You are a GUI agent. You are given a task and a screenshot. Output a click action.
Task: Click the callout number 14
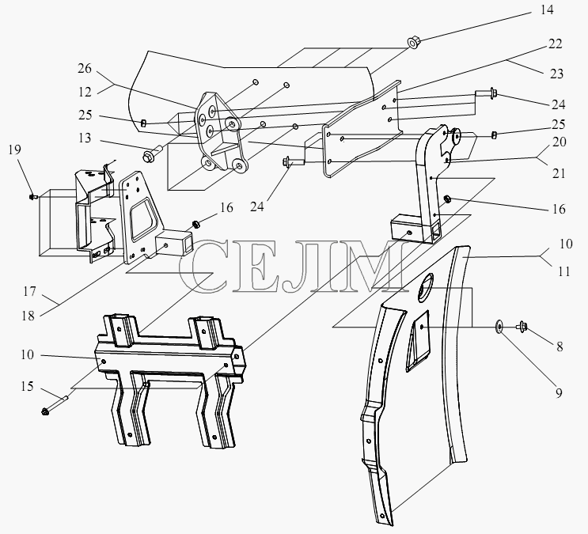[547, 9]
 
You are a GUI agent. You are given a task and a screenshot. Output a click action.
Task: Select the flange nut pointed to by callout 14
[413, 43]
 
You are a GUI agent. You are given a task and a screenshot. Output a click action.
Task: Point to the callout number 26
[85, 68]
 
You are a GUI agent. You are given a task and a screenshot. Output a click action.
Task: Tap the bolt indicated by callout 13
[151, 153]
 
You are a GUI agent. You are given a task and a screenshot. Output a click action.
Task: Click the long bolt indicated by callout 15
[55, 404]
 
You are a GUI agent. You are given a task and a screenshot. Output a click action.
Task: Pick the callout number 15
[27, 386]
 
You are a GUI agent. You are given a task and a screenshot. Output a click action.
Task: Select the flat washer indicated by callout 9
[499, 327]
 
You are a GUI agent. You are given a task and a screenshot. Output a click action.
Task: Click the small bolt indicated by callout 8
[522, 326]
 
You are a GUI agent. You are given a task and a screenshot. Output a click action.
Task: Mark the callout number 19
[14, 150]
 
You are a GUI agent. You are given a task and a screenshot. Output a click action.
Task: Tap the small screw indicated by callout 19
[33, 196]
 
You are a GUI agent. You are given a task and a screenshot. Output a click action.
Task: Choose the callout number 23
[556, 74]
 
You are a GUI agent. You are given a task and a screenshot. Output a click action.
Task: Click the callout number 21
[559, 173]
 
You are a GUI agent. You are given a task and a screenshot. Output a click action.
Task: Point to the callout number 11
[564, 271]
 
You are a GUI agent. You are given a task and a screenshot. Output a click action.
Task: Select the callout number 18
[28, 316]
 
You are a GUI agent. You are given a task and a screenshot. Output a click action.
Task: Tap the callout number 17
[28, 291]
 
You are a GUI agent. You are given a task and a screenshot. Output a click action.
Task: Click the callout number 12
[85, 92]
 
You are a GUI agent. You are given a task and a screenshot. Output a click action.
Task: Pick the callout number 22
[556, 44]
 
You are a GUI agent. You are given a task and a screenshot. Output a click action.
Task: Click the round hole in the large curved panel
[425, 286]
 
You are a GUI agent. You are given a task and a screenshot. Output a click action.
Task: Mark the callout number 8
[560, 347]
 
